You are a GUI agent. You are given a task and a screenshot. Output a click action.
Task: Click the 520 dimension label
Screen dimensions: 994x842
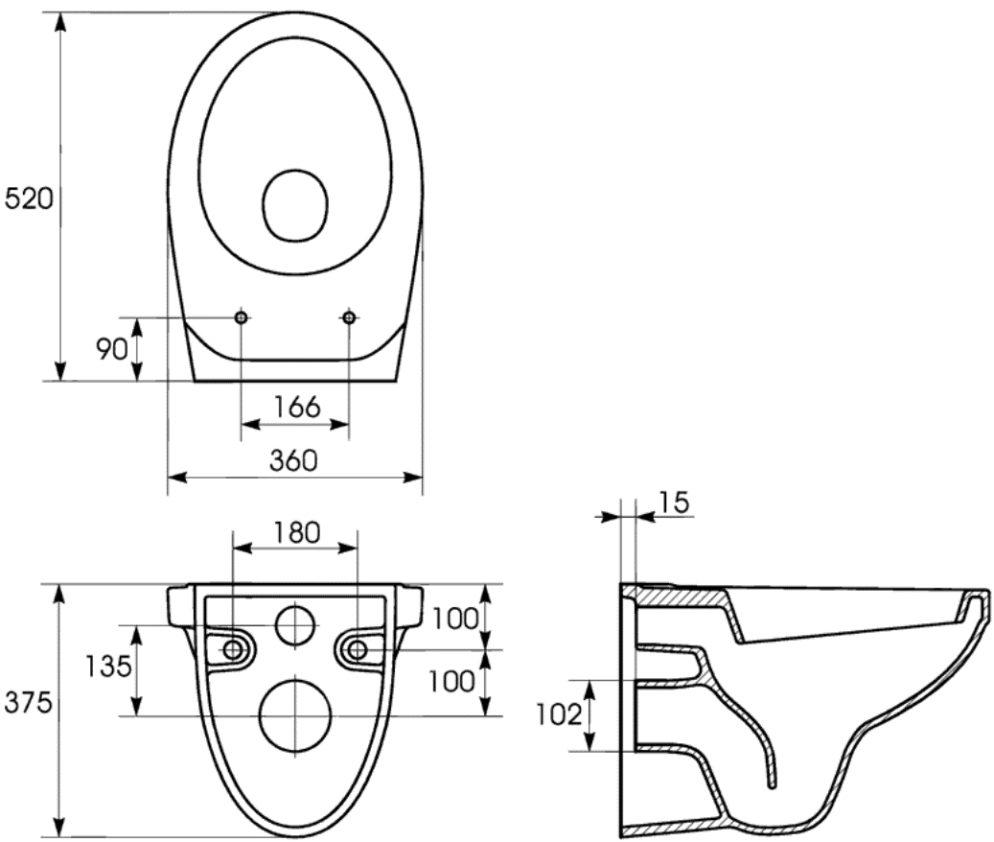[x=29, y=199]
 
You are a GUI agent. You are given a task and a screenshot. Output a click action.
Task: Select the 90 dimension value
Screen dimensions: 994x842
[x=112, y=348]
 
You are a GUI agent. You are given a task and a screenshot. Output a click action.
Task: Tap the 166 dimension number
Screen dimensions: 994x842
[x=297, y=407]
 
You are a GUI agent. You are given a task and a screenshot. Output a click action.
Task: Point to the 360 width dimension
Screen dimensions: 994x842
[x=293, y=460]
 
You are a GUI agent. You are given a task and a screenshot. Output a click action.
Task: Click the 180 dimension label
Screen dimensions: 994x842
[x=297, y=532]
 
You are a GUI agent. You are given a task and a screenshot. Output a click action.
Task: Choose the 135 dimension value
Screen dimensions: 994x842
[x=108, y=666]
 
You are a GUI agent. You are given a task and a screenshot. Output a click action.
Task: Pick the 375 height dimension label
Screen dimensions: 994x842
[x=28, y=703]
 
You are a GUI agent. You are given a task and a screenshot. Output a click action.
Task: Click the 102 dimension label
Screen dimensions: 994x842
[x=559, y=714]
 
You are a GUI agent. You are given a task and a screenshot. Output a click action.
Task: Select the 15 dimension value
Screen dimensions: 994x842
[x=674, y=503]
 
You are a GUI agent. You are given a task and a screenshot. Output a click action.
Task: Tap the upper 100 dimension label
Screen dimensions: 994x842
[x=455, y=619]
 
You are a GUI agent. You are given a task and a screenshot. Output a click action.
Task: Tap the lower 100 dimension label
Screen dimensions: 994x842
[x=451, y=681]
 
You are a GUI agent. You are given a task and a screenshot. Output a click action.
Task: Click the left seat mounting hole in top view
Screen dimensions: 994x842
[x=241, y=317]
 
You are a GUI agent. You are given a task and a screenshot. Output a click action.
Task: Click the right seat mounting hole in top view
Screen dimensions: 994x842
[x=349, y=317]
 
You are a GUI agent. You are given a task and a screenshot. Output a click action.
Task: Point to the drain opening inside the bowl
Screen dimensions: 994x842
[x=295, y=205]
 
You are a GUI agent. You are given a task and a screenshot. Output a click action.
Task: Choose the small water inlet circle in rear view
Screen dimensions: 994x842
[x=295, y=625]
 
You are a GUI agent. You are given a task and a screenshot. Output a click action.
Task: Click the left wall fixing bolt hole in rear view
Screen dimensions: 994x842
[x=233, y=649]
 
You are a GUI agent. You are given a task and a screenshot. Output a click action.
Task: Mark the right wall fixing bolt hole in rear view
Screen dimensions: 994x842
[x=358, y=649]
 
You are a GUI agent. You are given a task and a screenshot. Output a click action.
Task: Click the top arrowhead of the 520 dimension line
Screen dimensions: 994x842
[x=60, y=22]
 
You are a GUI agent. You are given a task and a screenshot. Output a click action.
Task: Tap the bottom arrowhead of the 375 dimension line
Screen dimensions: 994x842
[x=59, y=827]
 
